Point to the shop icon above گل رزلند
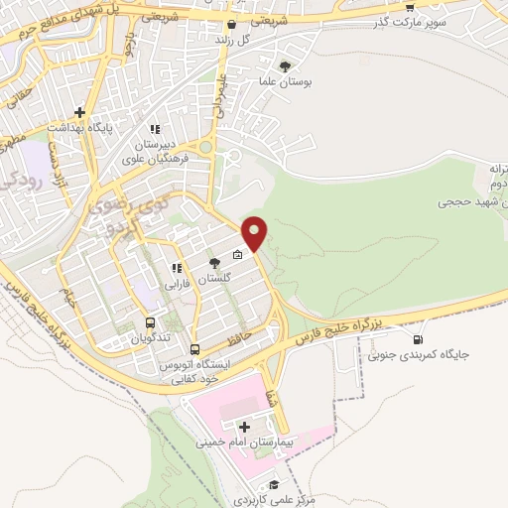point(231,25)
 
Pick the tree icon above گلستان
point(214,263)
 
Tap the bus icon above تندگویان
point(151,322)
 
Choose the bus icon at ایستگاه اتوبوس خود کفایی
point(194,349)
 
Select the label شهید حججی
point(471,201)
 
